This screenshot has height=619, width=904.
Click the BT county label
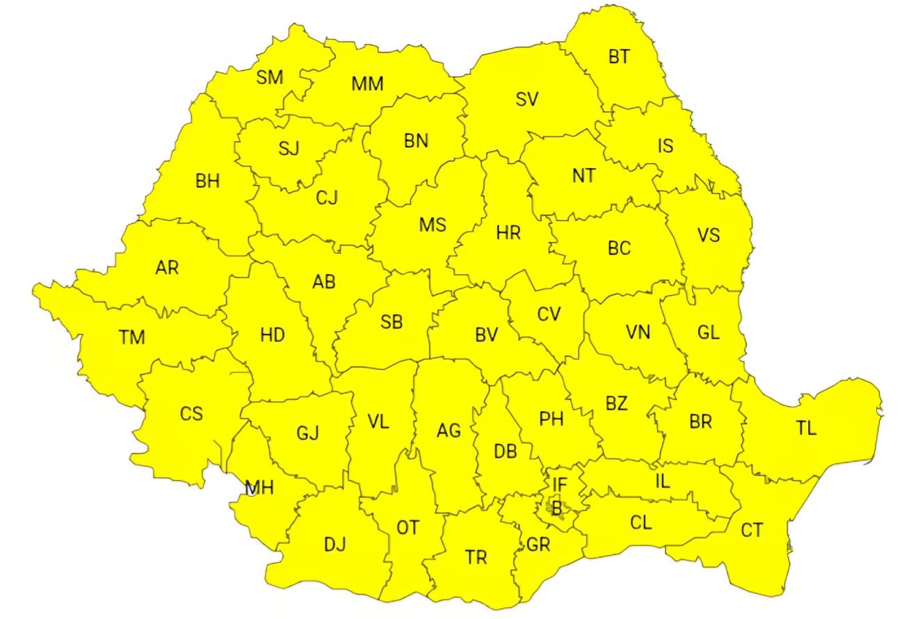pos(619,57)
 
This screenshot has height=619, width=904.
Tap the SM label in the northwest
pos(270,77)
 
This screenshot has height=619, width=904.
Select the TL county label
pos(806,428)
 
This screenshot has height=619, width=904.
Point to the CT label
pos(751,531)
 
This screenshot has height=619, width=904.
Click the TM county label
pos(131,338)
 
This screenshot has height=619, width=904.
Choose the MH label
pos(259,488)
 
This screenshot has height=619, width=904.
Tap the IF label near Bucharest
pos(560,483)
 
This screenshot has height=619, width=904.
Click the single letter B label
pos(556,508)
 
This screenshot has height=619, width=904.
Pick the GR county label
pos(538,545)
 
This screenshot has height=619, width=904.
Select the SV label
pos(527,99)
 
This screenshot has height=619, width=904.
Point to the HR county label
pos(508,233)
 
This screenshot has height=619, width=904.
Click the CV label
pos(549,314)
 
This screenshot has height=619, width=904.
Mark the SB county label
pos(392,322)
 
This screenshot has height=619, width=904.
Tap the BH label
pos(207,182)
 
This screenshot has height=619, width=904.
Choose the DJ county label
pos(334,544)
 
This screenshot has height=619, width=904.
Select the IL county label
pos(663,481)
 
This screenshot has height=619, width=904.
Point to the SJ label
pos(289,148)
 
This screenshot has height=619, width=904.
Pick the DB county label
pos(506,451)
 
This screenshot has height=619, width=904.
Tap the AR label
pos(167,267)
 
